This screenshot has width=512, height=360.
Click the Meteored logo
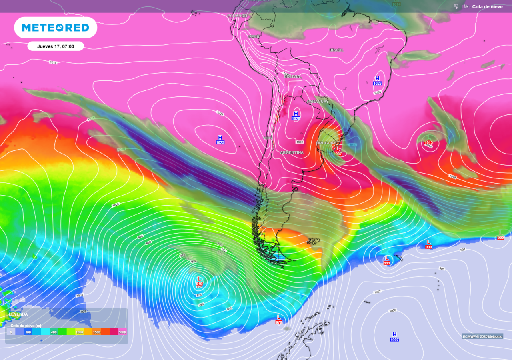point(56,28)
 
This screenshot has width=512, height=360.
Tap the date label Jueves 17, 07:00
point(56,46)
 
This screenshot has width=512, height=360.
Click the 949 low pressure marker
point(199,280)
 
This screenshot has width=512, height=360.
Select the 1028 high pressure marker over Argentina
point(296,116)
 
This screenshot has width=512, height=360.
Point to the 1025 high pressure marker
point(220,140)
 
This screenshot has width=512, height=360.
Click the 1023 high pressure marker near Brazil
point(377,81)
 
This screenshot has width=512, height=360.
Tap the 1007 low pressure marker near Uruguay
point(338,151)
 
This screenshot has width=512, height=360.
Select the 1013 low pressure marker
point(429,140)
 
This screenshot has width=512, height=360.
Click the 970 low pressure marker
point(279,319)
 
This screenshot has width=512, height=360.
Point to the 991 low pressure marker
point(387,260)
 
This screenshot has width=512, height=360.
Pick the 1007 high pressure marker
point(394,337)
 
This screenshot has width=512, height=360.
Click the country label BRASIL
point(336,50)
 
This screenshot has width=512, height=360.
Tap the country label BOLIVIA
point(292,76)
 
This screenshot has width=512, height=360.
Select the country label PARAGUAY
point(318,102)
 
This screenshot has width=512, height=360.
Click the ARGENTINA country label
point(292,152)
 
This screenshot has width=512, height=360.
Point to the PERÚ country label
point(254,36)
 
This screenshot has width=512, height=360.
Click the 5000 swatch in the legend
point(122,332)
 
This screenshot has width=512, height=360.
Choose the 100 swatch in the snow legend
point(28,332)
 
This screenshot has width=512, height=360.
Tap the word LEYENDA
point(18,314)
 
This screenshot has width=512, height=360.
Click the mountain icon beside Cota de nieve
point(466,6)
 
